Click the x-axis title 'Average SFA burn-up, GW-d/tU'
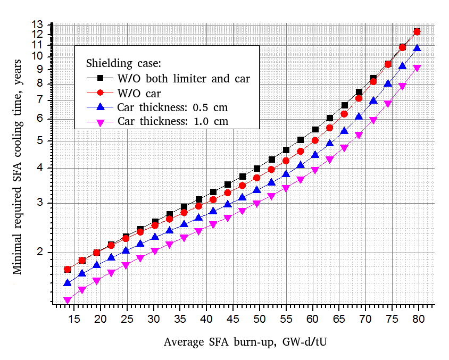245,341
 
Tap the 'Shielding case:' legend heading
123,63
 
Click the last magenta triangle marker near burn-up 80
417,69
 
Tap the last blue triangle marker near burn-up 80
417,48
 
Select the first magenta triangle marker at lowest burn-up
68,300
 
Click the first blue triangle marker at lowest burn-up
68,283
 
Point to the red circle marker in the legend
99,93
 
